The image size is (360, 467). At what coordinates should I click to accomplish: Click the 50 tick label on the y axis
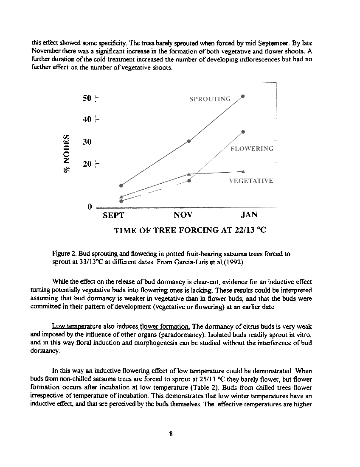pos(87,98)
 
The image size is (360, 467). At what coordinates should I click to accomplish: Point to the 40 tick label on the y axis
pos(87,120)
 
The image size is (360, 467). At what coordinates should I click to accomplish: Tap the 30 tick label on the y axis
pos(87,142)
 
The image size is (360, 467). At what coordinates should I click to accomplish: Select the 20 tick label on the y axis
pos(87,164)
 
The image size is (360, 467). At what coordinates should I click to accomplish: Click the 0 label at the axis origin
pos(90,207)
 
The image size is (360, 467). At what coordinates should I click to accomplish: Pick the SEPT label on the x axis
pos(114,215)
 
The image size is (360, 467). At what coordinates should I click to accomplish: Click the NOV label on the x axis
pos(183,215)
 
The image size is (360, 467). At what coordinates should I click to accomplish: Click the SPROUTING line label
pos(210,99)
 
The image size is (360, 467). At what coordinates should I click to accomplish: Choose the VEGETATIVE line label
pos(250,181)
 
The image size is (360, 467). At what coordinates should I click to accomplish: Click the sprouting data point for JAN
pos(243,96)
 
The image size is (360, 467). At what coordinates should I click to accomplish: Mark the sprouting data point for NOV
pos(189,141)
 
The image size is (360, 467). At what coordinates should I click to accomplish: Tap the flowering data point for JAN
pos(243,132)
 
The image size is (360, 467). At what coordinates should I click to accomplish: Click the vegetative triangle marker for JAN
pos(243,171)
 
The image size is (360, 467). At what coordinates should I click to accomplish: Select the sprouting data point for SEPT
pos(121,185)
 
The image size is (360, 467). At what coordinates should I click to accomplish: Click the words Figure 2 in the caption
pos(64,254)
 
